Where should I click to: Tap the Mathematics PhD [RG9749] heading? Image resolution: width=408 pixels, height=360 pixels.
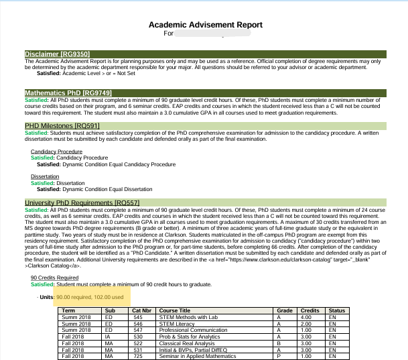tap(68, 93)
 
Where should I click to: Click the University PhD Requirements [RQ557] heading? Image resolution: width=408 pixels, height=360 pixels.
tap(82, 202)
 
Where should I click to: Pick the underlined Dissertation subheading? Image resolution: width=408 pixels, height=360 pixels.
tap(45, 177)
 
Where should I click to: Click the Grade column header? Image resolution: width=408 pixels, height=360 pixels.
tap(285, 311)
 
